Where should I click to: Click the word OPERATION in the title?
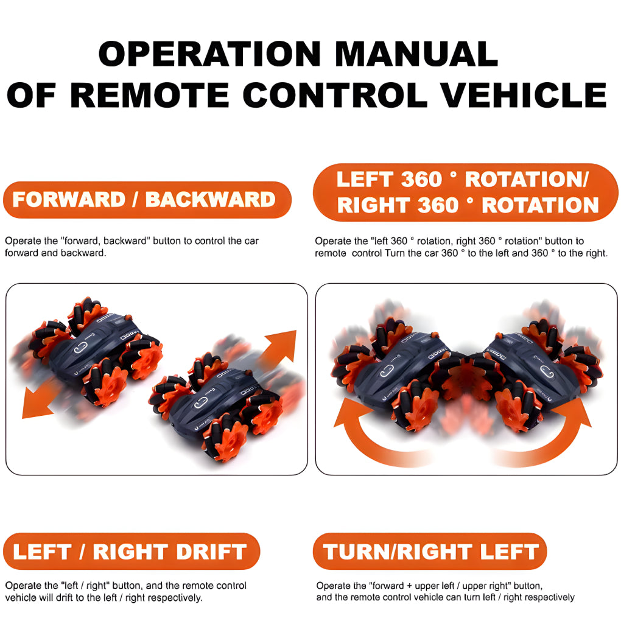[209, 54]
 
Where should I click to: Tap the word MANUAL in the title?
[416, 54]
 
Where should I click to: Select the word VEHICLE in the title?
[524, 95]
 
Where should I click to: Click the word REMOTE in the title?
[150, 95]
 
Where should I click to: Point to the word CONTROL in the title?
[335, 95]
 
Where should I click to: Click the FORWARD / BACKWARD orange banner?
[147, 200]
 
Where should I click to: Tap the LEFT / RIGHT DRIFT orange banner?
[132, 552]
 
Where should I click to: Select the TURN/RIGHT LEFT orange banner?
[430, 552]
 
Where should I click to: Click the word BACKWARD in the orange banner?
[210, 200]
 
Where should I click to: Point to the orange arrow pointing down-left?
[40, 401]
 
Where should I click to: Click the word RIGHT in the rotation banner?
[373, 206]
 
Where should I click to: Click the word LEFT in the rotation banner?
[365, 180]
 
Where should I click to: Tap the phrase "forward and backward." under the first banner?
[55, 253]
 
